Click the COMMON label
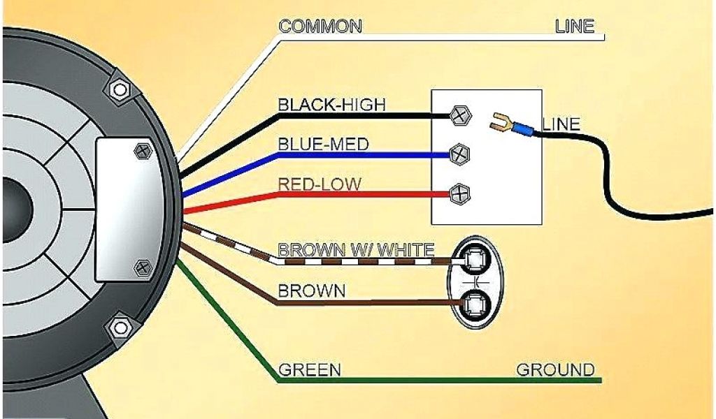320,27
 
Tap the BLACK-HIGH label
331,105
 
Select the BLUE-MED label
323,145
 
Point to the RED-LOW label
320,184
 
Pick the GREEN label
310,370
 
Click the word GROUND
555,370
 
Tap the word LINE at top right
574,27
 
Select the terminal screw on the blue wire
459,154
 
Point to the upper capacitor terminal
475,260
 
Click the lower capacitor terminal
475,303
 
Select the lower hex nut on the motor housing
121,326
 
